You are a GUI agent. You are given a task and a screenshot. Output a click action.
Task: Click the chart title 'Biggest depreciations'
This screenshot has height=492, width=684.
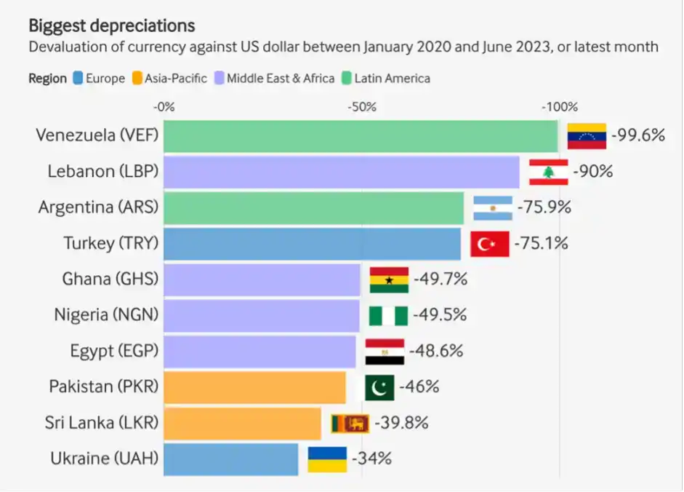tap(111, 25)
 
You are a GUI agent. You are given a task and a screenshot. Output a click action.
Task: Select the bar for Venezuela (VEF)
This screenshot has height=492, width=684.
tap(360, 135)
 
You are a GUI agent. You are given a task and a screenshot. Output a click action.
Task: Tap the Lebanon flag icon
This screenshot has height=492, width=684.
tap(548, 172)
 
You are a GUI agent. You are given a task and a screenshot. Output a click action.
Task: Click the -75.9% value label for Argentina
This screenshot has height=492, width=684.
tap(544, 207)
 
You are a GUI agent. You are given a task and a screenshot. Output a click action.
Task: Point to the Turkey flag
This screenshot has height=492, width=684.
tap(489, 243)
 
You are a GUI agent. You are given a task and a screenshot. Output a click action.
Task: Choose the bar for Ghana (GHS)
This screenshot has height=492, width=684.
tap(262, 279)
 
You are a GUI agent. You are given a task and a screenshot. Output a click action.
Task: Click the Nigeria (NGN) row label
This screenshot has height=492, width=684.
tap(106, 315)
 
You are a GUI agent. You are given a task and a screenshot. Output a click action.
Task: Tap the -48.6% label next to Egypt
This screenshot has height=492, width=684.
tap(436, 351)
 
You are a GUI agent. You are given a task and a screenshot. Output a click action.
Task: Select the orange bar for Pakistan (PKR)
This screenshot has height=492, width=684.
tap(254, 386)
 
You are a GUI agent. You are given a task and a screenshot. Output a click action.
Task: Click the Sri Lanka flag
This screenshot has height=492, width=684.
tap(350, 422)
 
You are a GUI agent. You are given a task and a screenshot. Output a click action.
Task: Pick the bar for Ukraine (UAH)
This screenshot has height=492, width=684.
tap(230, 459)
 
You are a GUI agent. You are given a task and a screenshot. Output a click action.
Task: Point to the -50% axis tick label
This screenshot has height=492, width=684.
tap(361, 107)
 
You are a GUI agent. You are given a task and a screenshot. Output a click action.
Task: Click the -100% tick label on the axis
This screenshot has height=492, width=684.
tap(559, 107)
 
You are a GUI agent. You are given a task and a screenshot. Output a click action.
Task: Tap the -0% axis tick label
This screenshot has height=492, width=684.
tap(164, 107)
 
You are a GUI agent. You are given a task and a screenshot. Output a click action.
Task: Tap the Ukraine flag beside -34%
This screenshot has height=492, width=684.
tap(327, 459)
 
